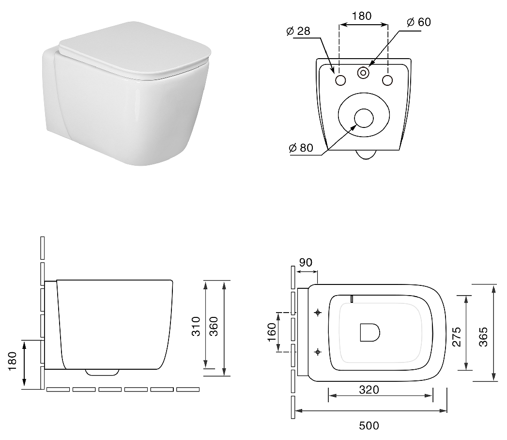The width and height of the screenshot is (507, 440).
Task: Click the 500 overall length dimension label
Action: [x=369, y=425]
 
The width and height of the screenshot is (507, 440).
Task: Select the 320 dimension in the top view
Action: [x=369, y=390]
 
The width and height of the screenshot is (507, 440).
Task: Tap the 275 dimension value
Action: [x=457, y=337]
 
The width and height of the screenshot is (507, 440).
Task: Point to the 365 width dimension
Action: [x=483, y=337]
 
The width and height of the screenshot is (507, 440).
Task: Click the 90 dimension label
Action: [x=306, y=262]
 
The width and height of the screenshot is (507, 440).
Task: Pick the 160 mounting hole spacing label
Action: [x=272, y=332]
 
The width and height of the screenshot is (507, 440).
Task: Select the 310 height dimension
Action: [x=196, y=326]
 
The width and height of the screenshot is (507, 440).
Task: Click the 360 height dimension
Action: [x=214, y=326]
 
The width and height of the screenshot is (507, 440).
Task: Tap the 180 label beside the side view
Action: [x=12, y=361]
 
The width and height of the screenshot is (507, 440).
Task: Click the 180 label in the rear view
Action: [x=362, y=16]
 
